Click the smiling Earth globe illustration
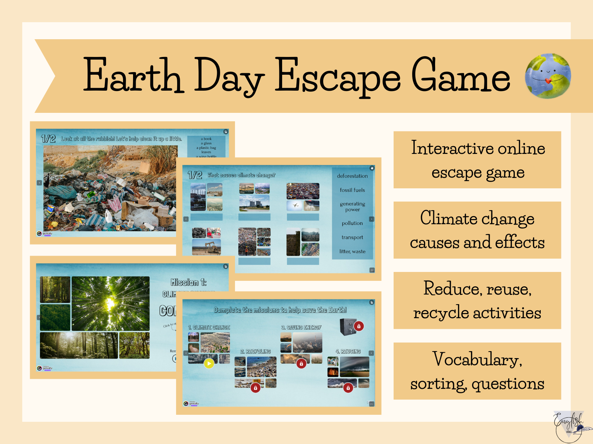coord(548,76)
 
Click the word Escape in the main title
coord(337,76)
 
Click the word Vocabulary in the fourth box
coord(477,359)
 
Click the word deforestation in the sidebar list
coord(352,176)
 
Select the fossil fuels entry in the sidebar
coord(352,190)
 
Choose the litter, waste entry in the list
coord(352,252)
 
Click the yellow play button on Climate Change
coord(209,363)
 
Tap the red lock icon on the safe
coord(358,326)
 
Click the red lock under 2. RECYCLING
coord(255,388)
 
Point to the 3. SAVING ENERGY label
coord(301,327)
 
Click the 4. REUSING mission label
coord(348,351)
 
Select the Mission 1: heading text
coord(188,283)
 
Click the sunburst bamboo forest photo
coord(110,303)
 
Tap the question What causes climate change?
coord(241,175)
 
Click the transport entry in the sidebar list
coord(352,238)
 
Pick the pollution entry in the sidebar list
coord(352,223)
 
